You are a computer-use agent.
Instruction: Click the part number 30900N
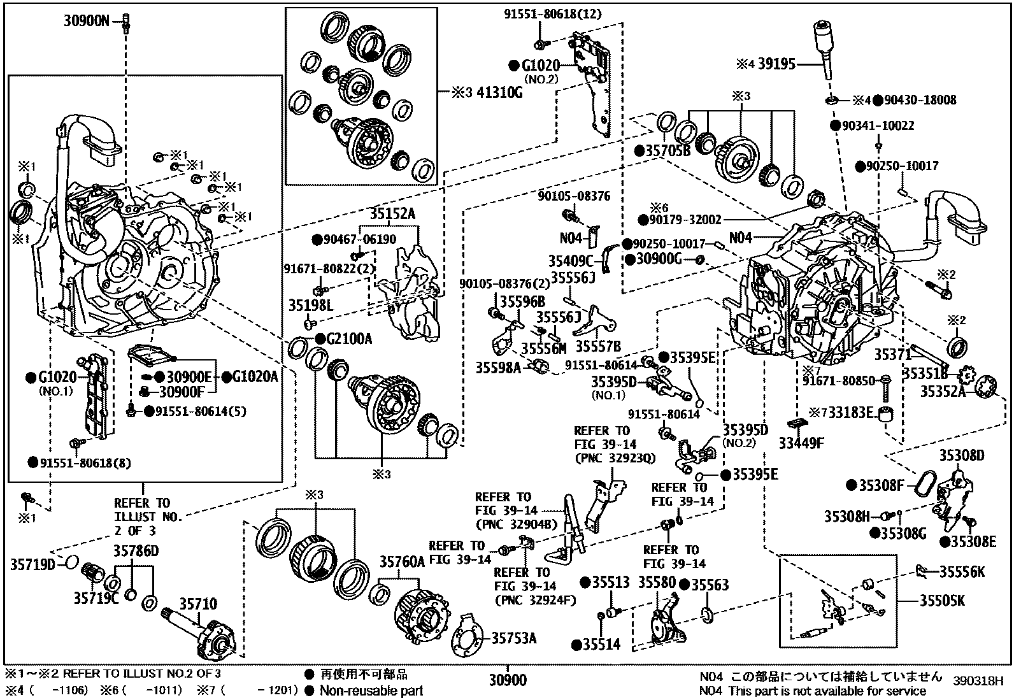coord(87,21)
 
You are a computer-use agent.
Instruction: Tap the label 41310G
coord(500,92)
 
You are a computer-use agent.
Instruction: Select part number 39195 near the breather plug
coord(776,64)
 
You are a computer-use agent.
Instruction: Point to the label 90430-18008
coord(920,100)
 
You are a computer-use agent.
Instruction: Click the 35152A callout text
coord(392,214)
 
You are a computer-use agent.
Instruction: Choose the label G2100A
coord(349,339)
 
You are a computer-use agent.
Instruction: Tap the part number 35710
coord(198,604)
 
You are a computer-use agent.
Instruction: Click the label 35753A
coord(514,638)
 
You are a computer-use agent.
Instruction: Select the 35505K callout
coord(942,601)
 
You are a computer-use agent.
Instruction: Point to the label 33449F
coord(801,443)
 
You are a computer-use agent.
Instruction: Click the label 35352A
coord(943,390)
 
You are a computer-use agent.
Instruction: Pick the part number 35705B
coord(668,151)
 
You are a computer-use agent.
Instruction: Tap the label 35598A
coord(498,368)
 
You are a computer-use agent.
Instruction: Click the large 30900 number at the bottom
coord(508,680)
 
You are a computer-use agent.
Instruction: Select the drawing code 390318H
coord(978,682)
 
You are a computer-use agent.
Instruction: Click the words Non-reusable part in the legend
coord(371,690)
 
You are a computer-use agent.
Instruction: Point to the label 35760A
coord(402,562)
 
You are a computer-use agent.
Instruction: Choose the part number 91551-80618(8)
coord(85,463)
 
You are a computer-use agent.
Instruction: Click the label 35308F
coord(881,486)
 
